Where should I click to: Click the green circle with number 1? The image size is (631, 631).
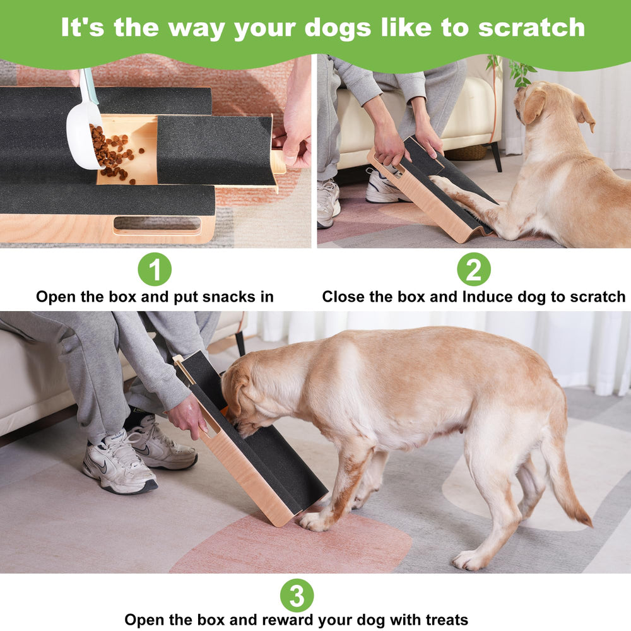pos(155,269)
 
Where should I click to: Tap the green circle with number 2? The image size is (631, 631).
pos(474,269)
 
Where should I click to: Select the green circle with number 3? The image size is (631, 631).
pos(297,596)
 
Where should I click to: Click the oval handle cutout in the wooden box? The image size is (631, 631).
pos(157,225)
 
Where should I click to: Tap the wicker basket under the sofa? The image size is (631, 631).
pos(467,153)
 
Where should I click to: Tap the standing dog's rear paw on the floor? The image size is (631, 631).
pos(468,559)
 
